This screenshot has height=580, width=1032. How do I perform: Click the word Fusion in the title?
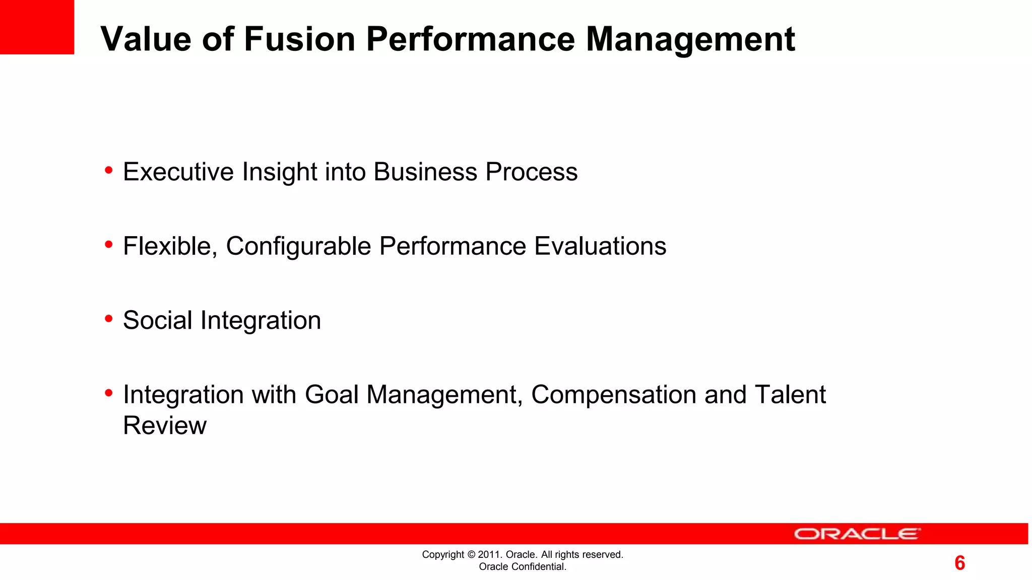tap(299, 39)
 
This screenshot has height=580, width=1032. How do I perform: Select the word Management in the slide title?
tap(690, 39)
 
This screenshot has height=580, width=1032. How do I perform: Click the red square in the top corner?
tap(37, 27)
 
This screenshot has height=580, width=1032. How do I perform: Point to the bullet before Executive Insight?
tap(108, 171)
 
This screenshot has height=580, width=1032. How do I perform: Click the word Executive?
tap(178, 172)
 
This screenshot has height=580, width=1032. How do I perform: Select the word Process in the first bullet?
tap(531, 172)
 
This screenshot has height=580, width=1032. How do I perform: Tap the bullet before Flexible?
tap(108, 245)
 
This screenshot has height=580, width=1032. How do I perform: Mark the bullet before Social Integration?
tap(108, 319)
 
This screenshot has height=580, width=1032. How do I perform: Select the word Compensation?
tap(614, 395)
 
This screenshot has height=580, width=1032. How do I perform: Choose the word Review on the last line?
tap(165, 425)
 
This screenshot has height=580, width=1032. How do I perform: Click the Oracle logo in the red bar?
tap(857, 534)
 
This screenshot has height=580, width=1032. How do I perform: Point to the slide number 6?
tap(959, 563)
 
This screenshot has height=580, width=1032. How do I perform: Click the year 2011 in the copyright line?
tap(488, 555)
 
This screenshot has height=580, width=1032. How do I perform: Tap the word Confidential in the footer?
tap(538, 567)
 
